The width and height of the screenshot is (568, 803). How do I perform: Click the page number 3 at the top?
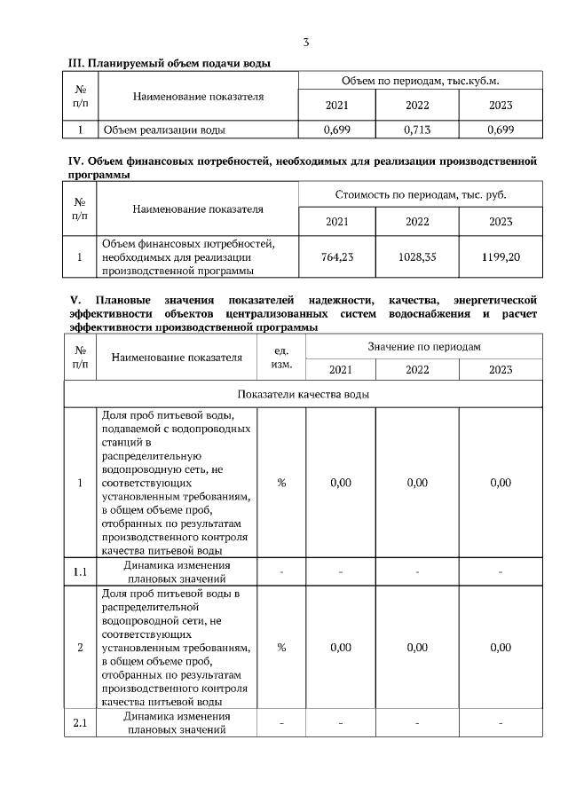coord(306,42)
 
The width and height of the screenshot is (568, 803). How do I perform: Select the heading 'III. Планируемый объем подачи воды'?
coord(170,63)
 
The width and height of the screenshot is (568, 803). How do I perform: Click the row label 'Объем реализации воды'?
coord(164,130)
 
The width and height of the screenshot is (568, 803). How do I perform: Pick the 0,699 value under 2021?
coord(337,130)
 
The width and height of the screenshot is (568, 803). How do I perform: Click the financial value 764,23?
coord(337,256)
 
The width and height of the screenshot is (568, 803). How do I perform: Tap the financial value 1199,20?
coord(501,256)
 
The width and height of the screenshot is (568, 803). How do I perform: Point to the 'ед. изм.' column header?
coord(281,357)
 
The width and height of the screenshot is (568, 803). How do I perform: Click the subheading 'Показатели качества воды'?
coord(303,393)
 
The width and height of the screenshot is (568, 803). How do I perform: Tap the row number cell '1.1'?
coord(80,571)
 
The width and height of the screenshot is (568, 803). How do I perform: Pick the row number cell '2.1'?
coord(80,723)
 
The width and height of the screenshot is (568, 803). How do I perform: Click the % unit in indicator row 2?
coord(281,647)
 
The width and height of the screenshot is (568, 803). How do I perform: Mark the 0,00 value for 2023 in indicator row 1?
coord(501,483)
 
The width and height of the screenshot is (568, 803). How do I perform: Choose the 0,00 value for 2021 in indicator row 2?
coord(340,647)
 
